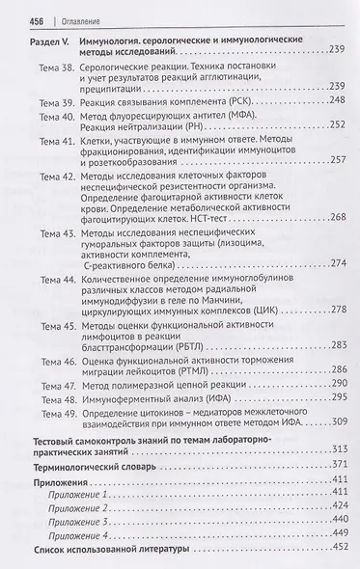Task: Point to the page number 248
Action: [x=338, y=126]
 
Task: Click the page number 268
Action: [x=338, y=244]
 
